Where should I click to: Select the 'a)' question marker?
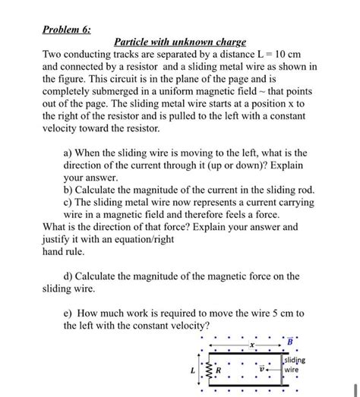[x=70, y=152]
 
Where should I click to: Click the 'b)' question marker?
[x=70, y=188]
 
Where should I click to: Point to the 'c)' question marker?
[x=69, y=201]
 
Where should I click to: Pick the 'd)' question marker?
[x=69, y=276]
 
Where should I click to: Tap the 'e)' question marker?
[x=69, y=313]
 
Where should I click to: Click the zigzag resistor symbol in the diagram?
[x=208, y=369]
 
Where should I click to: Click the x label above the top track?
[x=251, y=345]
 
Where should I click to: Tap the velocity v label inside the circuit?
[x=263, y=370]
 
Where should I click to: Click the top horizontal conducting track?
[x=243, y=352]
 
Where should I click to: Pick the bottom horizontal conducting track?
[x=243, y=386]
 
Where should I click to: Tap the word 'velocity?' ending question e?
[x=184, y=325]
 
